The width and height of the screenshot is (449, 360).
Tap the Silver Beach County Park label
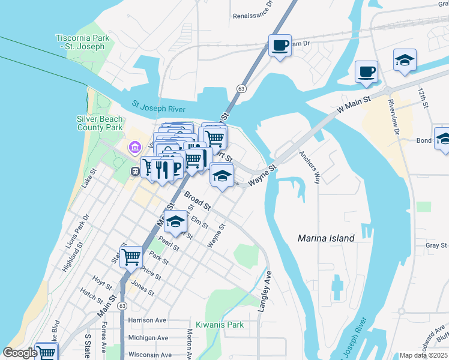[100, 123]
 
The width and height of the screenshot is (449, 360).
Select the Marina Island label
[326, 238]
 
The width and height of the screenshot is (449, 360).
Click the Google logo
[20, 353]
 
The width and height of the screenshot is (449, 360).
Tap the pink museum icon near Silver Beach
[134, 147]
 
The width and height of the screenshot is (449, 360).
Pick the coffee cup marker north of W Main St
[366, 72]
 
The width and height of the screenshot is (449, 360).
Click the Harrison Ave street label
[146, 320]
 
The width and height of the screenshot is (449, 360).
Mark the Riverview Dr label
[394, 115]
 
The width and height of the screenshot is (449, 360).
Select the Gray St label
[436, 245]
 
